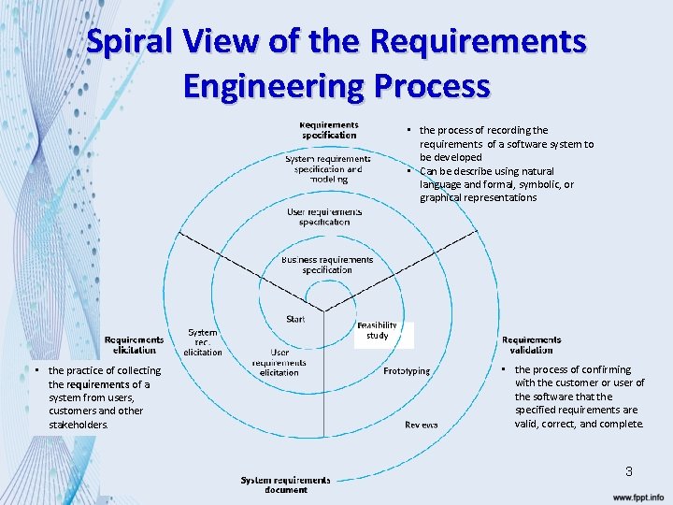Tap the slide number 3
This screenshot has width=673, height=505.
629,471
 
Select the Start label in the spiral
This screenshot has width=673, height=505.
295,319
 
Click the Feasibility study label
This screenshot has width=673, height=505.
378,330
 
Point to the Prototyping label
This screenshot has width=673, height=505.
407,371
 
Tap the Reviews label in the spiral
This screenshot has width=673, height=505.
421,425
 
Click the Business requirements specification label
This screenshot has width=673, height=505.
326,265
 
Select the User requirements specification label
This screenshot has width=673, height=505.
324,217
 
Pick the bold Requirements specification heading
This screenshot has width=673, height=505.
328,129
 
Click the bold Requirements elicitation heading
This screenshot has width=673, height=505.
134,344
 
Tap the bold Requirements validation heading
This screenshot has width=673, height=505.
531,344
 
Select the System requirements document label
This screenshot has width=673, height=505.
285,484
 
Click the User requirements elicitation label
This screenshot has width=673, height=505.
279,363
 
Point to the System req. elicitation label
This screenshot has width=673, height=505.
202,341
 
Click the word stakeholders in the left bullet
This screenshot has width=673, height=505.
79,425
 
